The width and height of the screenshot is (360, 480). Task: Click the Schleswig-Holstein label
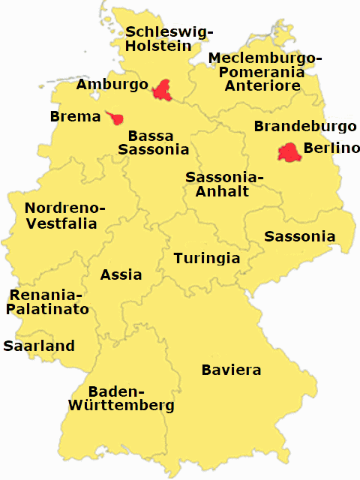169,38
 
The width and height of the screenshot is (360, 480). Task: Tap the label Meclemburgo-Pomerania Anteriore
265,72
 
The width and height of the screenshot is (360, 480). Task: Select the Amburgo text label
112,85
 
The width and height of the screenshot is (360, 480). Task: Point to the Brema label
75,117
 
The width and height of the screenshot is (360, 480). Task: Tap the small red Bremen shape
115,118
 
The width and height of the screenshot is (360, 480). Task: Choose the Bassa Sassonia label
153,142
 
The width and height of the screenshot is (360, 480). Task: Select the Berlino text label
326,148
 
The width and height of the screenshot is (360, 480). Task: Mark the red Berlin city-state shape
289,152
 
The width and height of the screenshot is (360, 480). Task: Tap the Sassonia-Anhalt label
224,184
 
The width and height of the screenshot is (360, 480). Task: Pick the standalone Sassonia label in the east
299,237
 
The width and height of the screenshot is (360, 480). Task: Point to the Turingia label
207,259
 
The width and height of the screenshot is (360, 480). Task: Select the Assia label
121,274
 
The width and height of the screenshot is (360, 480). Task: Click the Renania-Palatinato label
49,301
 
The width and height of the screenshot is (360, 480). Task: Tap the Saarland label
39,346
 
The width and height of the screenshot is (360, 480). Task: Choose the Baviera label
231,370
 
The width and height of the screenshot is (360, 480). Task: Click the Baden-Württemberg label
121,398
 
